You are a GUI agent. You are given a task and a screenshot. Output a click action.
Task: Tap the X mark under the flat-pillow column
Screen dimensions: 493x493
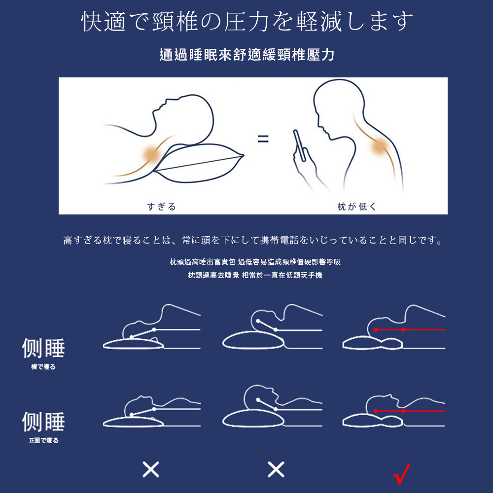point(151,469)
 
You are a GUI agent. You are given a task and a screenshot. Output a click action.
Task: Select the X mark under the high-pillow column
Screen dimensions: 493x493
point(276,469)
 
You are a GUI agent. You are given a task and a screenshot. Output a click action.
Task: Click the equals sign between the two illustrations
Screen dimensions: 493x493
point(263,139)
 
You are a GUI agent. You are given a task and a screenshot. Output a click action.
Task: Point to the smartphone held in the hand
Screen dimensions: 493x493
point(300,145)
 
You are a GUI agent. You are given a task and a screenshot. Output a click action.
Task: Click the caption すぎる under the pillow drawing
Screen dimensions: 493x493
point(161,207)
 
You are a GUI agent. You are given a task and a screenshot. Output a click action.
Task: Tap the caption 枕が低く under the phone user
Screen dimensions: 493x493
point(356,207)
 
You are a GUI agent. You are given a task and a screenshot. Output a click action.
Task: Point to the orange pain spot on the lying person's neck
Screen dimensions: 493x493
point(152,154)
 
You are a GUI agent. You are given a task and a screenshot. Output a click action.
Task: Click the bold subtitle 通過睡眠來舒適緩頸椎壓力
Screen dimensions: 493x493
point(247,55)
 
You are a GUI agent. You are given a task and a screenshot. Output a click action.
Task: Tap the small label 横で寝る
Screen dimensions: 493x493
point(43,367)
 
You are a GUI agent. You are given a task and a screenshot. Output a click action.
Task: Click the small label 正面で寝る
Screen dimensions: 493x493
point(44,440)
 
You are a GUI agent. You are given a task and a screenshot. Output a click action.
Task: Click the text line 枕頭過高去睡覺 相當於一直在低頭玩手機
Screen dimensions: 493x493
point(255,275)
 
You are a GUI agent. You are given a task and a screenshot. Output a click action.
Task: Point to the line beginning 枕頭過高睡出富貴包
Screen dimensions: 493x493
point(255,262)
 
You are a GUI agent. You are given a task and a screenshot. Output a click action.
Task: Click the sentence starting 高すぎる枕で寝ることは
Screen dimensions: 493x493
point(253,240)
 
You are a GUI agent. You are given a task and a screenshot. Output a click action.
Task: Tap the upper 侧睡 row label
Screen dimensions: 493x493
point(43,348)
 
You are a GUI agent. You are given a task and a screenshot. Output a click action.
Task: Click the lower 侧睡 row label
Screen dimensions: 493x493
point(43,422)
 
